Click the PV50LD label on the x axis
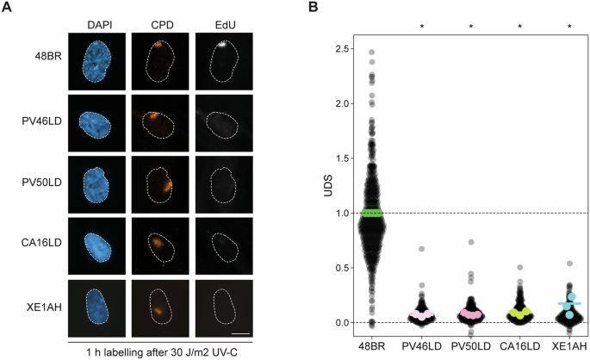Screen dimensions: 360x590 tap(471, 345)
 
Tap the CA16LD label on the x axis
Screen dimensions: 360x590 tap(520, 345)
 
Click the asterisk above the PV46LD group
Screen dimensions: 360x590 tap(422, 27)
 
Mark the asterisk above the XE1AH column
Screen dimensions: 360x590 tap(569, 27)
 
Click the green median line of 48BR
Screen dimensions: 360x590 tap(372, 213)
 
